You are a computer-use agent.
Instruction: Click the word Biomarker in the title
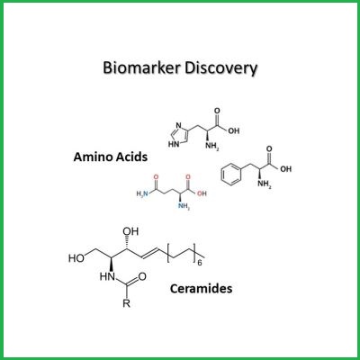(x=141, y=68)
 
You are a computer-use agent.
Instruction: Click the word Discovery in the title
(x=221, y=69)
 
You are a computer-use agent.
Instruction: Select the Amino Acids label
(x=111, y=157)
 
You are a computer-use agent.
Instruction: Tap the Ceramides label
(x=201, y=289)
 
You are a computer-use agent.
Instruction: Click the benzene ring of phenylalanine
(x=231, y=175)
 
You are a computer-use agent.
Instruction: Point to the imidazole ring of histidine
(x=179, y=135)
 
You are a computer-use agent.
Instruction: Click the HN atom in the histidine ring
(x=174, y=144)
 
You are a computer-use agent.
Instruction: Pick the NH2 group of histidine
(x=211, y=147)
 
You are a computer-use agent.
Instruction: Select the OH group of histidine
(x=234, y=131)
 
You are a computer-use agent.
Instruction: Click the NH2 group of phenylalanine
(x=265, y=184)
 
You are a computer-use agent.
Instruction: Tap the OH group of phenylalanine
(x=286, y=169)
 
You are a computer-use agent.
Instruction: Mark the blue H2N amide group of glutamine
(x=142, y=193)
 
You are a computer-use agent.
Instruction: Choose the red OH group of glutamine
(x=202, y=193)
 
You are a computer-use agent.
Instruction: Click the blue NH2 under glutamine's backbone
(x=184, y=206)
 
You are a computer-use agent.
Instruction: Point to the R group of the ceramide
(x=126, y=303)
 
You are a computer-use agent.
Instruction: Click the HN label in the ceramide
(x=107, y=276)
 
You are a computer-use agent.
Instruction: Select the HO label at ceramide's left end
(x=76, y=258)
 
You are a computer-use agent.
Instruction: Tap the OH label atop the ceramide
(x=130, y=231)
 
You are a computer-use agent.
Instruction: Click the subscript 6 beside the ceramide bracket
(x=200, y=264)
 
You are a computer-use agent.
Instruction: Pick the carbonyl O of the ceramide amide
(x=142, y=276)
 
